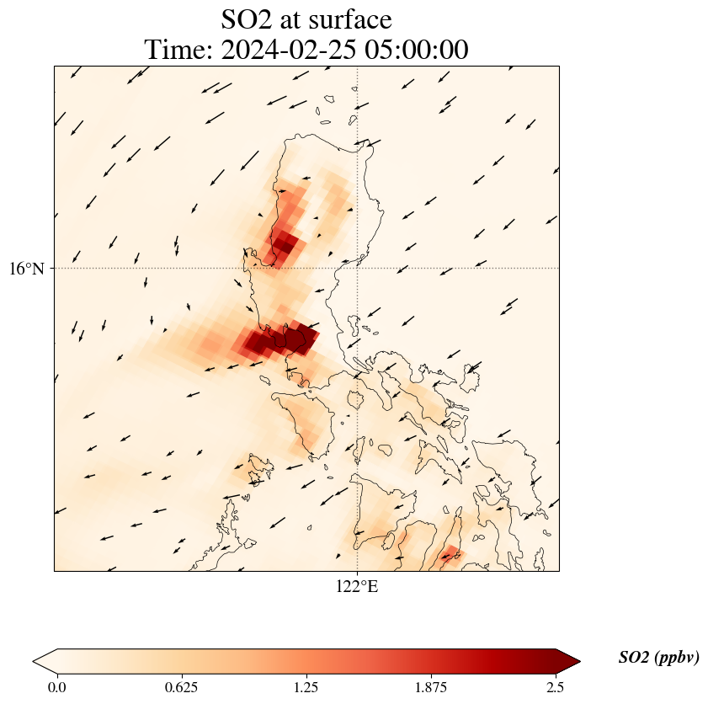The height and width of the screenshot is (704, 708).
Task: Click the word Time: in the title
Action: (179, 51)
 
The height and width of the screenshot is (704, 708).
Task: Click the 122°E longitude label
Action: (357, 587)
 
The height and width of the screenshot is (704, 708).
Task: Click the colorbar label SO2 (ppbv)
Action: (658, 658)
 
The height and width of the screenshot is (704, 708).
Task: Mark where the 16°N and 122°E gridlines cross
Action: (358, 269)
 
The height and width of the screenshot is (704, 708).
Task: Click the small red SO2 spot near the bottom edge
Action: (450, 554)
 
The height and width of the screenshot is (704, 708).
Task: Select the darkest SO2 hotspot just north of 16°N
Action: (284, 245)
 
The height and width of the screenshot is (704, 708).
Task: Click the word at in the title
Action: (295, 20)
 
